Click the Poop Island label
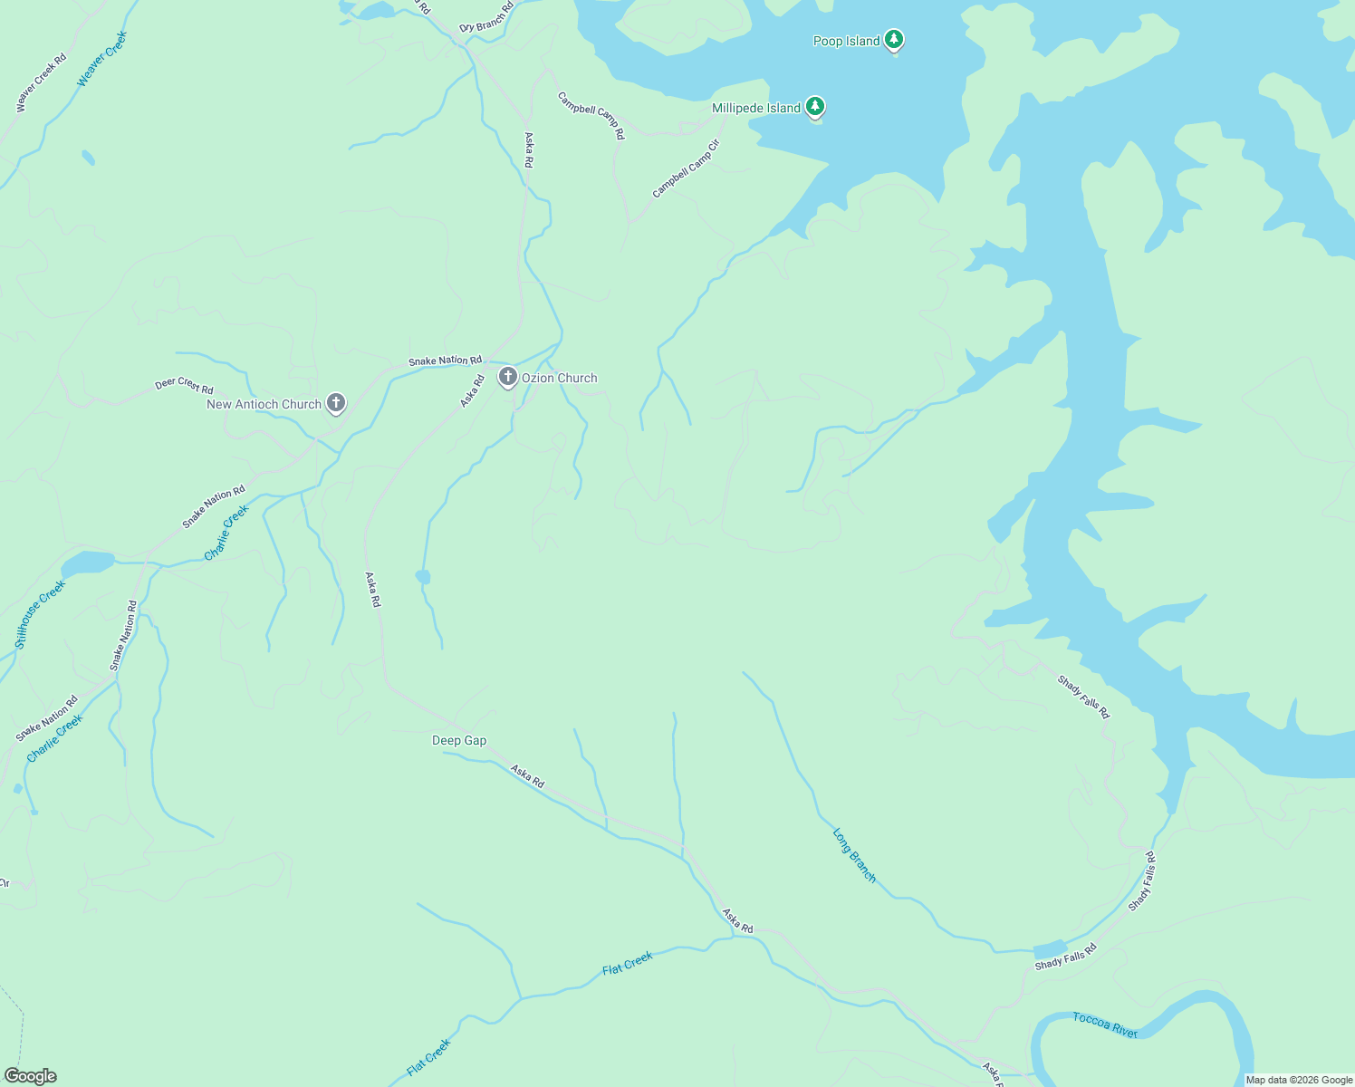click(846, 41)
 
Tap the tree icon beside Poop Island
click(894, 39)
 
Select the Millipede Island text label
click(755, 108)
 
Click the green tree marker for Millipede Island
click(815, 107)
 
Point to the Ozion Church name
click(559, 378)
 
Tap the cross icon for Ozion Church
click(508, 376)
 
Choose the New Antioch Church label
click(264, 404)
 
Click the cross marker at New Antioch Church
click(336, 402)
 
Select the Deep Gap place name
click(459, 740)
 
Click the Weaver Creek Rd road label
click(42, 83)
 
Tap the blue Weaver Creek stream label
click(102, 59)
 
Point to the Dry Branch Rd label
click(486, 17)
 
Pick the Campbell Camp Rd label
click(591, 115)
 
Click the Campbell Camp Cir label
click(686, 168)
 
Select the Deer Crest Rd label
click(184, 385)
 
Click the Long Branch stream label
click(854, 855)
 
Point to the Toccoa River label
click(1105, 1024)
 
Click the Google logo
click(30, 1076)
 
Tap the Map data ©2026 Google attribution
click(1299, 1080)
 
